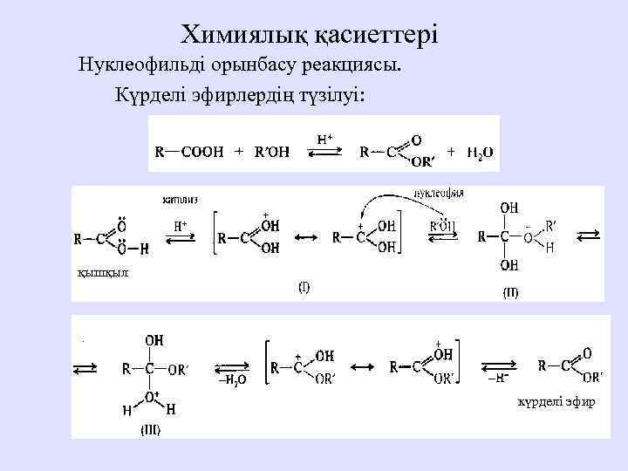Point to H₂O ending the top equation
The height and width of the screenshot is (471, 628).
tap(480, 152)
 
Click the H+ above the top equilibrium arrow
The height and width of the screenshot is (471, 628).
tap(324, 139)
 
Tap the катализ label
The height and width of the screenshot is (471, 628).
tap(180, 199)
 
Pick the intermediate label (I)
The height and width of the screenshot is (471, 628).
tap(304, 286)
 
